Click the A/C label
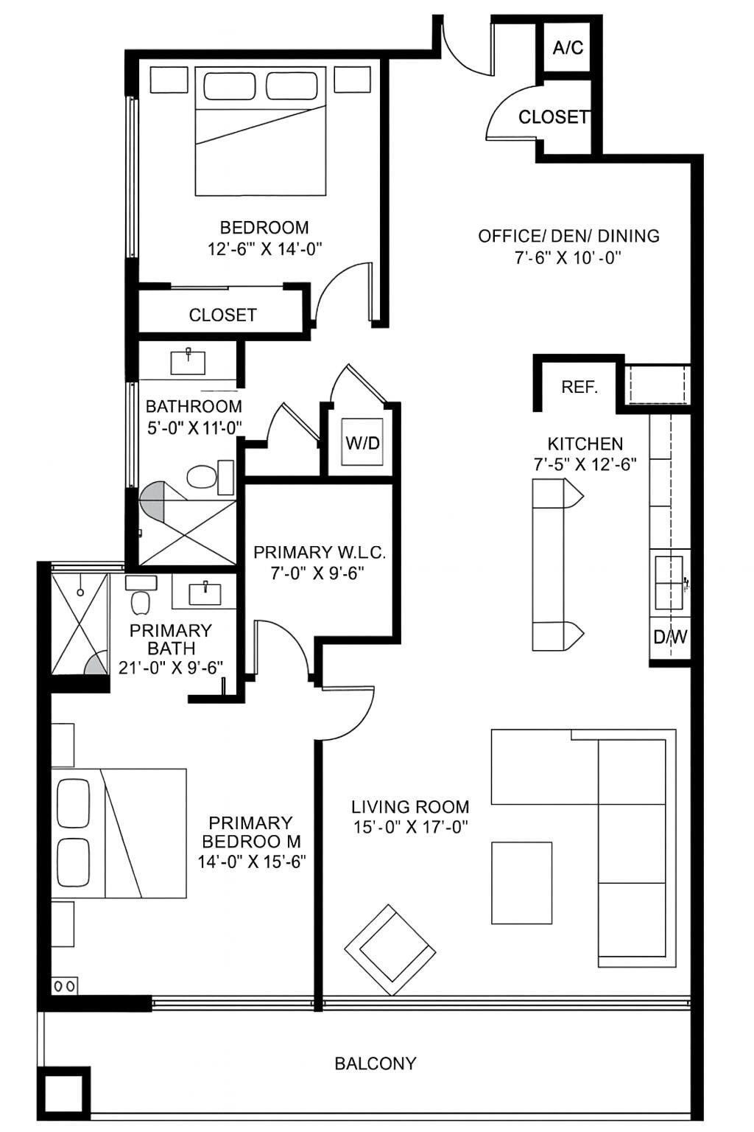pyautogui.click(x=568, y=48)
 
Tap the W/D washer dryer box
pyautogui.click(x=363, y=443)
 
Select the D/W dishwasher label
pyautogui.click(x=670, y=637)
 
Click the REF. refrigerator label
pyautogui.click(x=579, y=387)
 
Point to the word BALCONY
pyautogui.click(x=376, y=1063)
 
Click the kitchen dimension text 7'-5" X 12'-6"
pyautogui.click(x=585, y=464)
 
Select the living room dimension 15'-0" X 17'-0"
pyautogui.click(x=410, y=828)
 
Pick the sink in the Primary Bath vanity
pyautogui.click(x=204, y=593)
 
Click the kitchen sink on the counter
pyautogui.click(x=669, y=582)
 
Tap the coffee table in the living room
pyautogui.click(x=521, y=883)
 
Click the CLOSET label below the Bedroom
pyautogui.click(x=222, y=315)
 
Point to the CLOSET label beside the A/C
pyautogui.click(x=554, y=117)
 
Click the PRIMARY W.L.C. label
pyautogui.click(x=319, y=552)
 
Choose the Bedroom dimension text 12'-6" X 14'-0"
pyautogui.click(x=264, y=249)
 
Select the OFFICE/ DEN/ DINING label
pyautogui.click(x=568, y=236)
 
